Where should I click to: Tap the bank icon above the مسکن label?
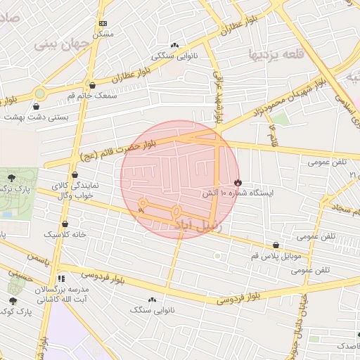103,24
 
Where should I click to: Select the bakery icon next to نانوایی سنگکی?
174,44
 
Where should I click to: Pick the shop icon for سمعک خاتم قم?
92,85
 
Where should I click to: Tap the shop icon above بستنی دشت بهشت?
36,107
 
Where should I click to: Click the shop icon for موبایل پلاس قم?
275,245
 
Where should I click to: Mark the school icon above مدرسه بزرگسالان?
60,278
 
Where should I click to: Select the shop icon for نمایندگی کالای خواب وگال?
75,175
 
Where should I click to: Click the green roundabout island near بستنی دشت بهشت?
40,92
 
